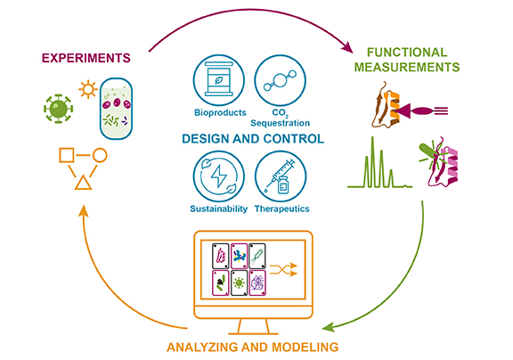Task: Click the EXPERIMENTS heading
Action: pyautogui.click(x=84, y=58)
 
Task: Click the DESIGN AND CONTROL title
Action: pyautogui.click(x=253, y=140)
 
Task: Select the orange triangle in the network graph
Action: pyautogui.click(x=81, y=183)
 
